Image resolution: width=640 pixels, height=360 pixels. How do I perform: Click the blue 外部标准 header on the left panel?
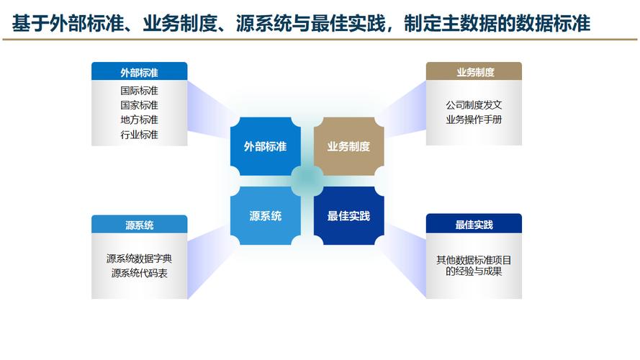(x=139, y=71)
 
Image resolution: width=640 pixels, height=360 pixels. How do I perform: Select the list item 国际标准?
(x=139, y=90)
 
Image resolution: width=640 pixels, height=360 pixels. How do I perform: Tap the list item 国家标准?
(x=139, y=105)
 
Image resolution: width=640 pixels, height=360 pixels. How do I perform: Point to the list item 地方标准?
(x=139, y=120)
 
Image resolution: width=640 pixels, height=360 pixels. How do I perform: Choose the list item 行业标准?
(x=139, y=135)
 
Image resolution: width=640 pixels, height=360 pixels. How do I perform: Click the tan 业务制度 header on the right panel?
(x=474, y=71)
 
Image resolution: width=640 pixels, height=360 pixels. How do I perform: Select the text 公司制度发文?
(x=474, y=105)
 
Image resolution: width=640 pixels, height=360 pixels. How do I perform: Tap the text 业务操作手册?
(x=474, y=120)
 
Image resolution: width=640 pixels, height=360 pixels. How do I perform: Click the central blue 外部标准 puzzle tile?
(x=266, y=146)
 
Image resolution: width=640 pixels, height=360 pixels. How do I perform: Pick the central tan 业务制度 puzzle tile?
(x=348, y=146)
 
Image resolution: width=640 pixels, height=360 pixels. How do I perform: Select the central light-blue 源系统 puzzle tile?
(x=266, y=216)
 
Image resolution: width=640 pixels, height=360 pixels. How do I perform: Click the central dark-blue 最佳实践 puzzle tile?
(x=348, y=216)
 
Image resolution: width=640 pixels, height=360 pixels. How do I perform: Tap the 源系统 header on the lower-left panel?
(x=139, y=225)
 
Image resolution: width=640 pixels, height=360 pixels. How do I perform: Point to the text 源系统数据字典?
(x=139, y=258)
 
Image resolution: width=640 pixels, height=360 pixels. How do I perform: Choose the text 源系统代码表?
(x=139, y=273)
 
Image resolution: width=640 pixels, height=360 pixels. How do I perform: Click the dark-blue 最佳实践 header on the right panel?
(x=474, y=224)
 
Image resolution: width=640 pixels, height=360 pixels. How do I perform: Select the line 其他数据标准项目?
(x=474, y=260)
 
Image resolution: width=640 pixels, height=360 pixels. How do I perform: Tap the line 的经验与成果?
(x=474, y=271)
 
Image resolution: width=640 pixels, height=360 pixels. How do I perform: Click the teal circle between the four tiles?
(x=307, y=181)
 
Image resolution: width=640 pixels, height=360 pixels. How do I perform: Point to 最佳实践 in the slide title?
(x=348, y=23)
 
